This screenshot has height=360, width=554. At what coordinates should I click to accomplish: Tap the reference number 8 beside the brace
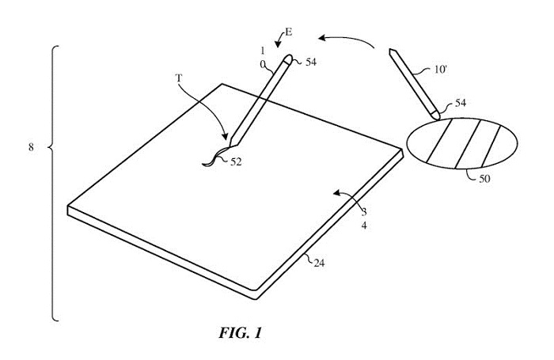click(31, 148)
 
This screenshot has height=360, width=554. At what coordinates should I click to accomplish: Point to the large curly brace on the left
click(54, 183)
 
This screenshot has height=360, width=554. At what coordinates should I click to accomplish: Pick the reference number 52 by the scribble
click(237, 163)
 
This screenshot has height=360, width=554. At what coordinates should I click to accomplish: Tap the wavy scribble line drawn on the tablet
click(212, 157)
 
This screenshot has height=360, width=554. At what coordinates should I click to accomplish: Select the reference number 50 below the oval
click(484, 179)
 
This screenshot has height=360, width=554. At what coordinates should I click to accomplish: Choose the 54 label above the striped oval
click(458, 103)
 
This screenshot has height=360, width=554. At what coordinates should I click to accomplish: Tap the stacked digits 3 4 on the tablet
click(364, 218)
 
